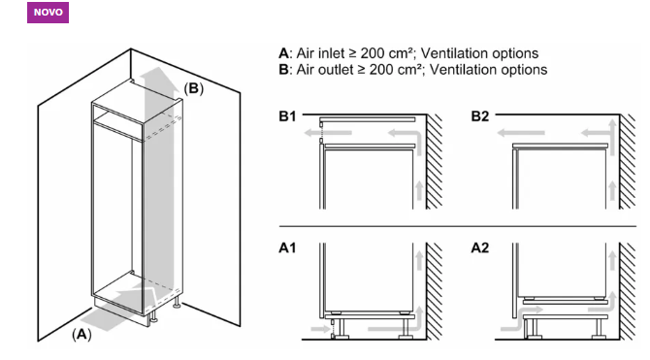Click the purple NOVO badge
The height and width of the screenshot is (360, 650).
[49, 13]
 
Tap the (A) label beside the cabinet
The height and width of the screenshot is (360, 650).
[81, 334]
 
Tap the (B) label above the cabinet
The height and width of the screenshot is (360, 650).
[194, 88]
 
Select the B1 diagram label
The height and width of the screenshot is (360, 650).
[287, 116]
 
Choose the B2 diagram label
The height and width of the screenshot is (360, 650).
[480, 116]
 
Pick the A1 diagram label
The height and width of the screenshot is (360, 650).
[287, 248]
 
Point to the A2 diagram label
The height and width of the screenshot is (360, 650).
[480, 248]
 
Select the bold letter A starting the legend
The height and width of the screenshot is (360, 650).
[283, 53]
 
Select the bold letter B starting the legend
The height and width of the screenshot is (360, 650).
[283, 70]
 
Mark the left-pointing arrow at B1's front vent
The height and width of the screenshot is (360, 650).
[328, 133]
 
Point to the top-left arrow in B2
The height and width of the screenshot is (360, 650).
[521, 133]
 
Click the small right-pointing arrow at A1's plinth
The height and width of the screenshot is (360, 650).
[320, 329]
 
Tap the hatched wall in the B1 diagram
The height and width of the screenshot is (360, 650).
[434, 162]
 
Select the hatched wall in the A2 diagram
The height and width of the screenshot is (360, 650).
[627, 291]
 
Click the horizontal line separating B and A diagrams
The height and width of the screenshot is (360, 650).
[458, 226]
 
